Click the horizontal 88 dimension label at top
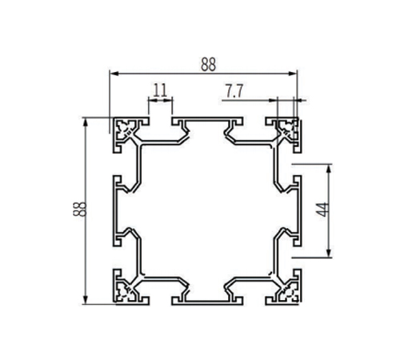tap(208, 65)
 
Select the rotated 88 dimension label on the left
tap(80, 209)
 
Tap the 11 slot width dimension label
tap(161, 90)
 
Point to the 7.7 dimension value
tap(234, 91)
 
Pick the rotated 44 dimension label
tap(322, 210)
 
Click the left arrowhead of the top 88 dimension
tap(114, 74)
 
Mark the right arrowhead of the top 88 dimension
tap(293, 74)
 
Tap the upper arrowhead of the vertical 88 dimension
tap(86, 122)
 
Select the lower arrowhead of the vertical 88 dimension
tap(86, 298)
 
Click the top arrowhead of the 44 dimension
tap(329, 169)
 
